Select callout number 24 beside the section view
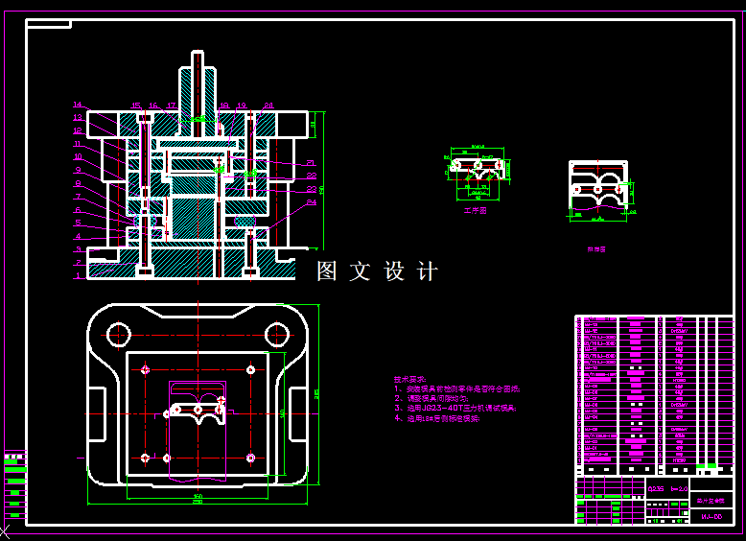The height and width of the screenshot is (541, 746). coord(312,201)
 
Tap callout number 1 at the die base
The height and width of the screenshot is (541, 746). coord(79,275)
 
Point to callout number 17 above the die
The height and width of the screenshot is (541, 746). coord(171,106)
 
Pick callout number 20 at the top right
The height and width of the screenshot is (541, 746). coord(268,106)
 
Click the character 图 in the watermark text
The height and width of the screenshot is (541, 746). coord(328,271)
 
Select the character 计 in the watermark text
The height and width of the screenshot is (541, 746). coord(428,271)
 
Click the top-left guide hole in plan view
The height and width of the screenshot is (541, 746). coord(118,334)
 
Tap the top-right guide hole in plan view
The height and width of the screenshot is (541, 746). coord(277,334)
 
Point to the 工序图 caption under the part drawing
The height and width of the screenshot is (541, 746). coord(476,210)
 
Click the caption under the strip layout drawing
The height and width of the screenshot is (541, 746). coord(596,249)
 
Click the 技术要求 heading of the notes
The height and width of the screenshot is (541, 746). coord(408,380)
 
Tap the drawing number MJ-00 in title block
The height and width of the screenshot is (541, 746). coord(711,516)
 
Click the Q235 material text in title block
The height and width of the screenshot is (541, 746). coord(656,488)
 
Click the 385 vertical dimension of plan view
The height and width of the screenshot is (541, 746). coord(317,393)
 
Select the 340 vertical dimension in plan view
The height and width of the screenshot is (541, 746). coord(283,412)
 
